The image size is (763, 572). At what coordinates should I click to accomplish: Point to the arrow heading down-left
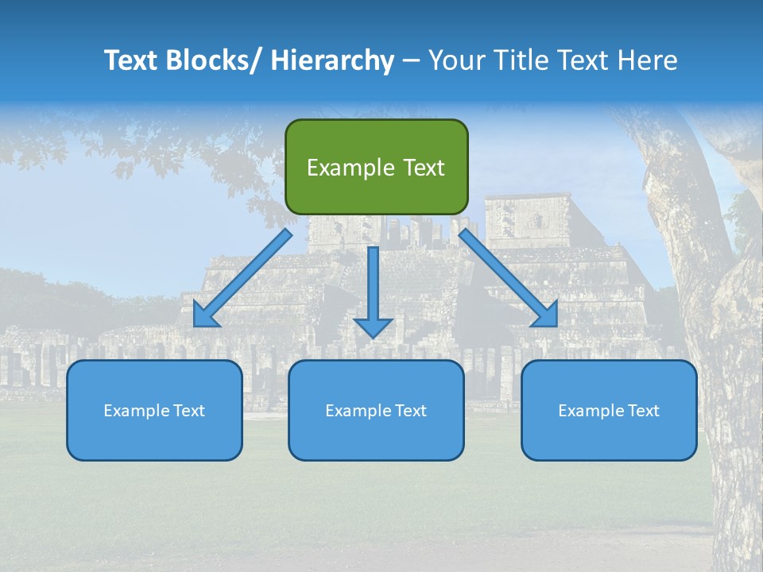click(246, 274)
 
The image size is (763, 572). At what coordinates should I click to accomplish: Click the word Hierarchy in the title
click(332, 60)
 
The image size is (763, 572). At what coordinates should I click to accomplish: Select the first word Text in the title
click(130, 60)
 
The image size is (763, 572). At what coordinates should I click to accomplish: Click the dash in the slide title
click(410, 60)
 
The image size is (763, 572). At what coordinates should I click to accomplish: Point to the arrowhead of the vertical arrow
click(374, 327)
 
